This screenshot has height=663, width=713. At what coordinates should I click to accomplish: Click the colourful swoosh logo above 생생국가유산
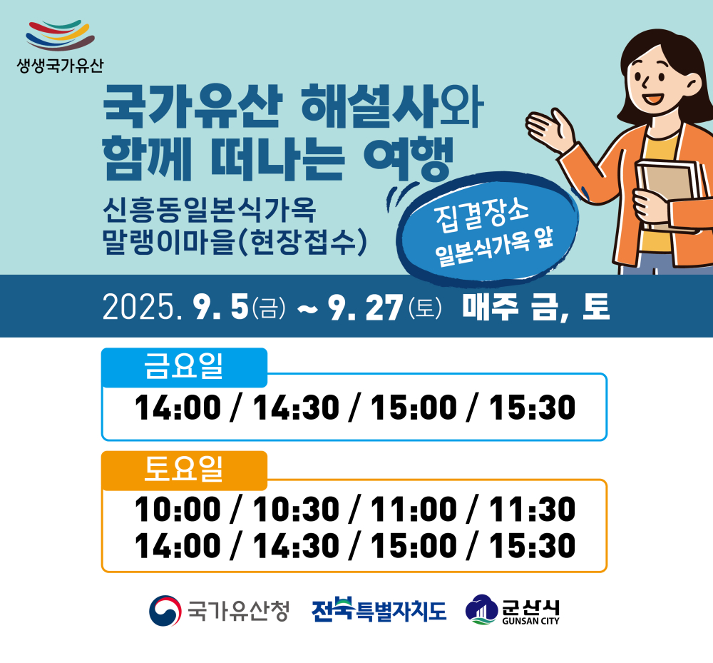(60, 35)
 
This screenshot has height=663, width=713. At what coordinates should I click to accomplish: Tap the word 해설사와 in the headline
(392, 106)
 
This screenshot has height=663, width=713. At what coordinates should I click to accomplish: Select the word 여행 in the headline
(409, 158)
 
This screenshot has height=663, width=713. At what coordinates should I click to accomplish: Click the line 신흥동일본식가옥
(209, 210)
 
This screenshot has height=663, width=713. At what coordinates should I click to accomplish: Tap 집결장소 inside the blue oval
(481, 216)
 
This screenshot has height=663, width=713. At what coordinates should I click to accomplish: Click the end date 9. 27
(366, 307)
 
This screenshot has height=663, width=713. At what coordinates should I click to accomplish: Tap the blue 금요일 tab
(184, 368)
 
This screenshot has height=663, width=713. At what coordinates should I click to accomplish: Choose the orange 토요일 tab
(184, 470)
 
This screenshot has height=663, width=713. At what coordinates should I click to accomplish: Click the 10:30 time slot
(296, 509)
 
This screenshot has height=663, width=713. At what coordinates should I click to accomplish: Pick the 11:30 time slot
(532, 509)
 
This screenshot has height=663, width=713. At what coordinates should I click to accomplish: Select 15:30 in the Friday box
(532, 408)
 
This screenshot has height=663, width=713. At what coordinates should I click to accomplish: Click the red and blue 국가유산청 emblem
(165, 611)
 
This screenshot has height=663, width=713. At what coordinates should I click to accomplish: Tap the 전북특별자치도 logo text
(379, 610)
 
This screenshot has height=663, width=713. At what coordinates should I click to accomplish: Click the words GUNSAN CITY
(530, 621)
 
